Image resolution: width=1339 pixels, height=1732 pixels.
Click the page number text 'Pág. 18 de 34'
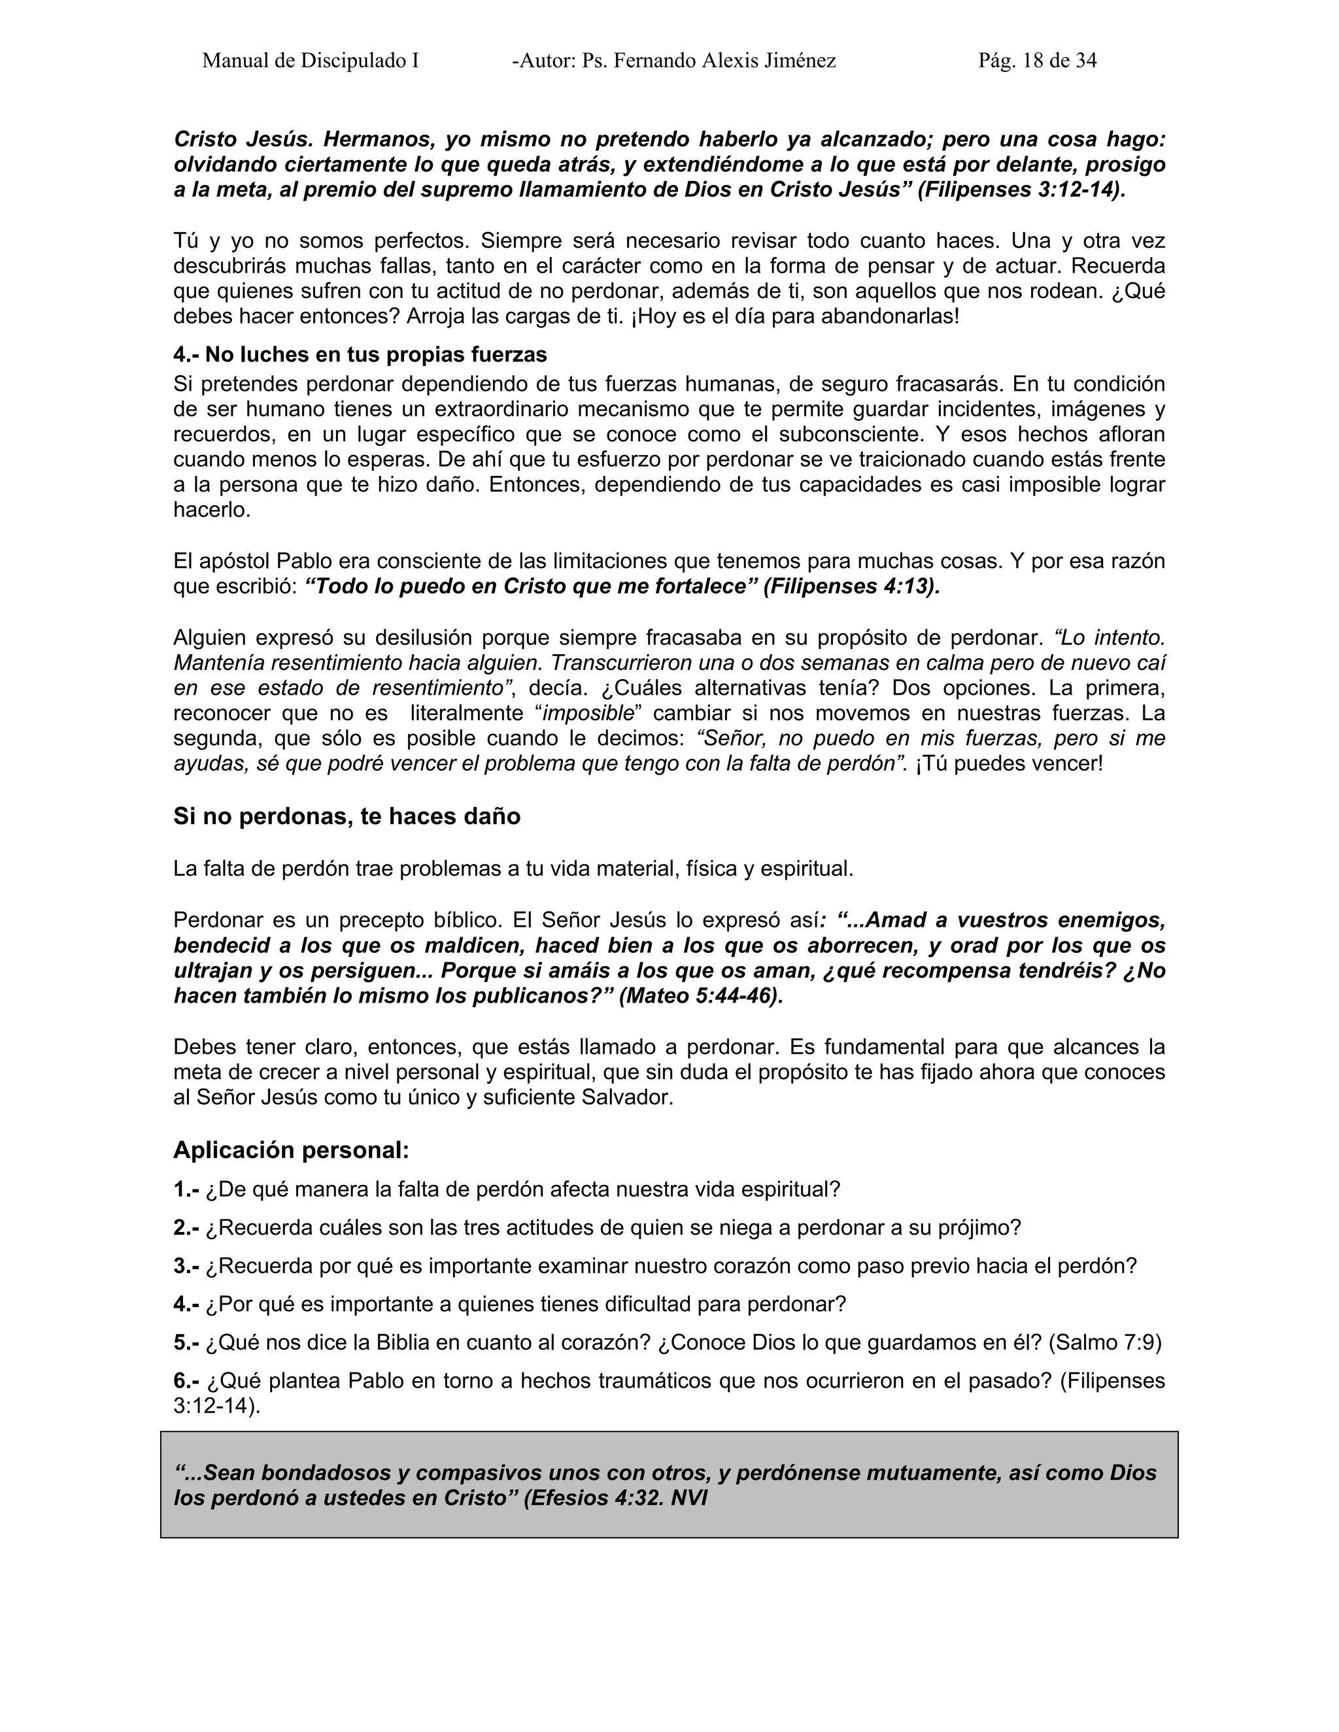1037,61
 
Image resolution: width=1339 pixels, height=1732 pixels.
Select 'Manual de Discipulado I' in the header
310,61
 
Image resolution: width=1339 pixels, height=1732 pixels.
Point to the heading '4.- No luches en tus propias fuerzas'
360,354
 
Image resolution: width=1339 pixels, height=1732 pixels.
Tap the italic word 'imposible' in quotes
588,714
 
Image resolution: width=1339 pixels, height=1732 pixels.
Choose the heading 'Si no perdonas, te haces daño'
347,817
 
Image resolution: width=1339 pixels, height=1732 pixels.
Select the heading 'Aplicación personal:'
291,1150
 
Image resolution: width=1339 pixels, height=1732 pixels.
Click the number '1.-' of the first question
186,1190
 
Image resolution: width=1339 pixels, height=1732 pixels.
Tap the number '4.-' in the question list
186,1305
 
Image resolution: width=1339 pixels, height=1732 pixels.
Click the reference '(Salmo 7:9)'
1105,1342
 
